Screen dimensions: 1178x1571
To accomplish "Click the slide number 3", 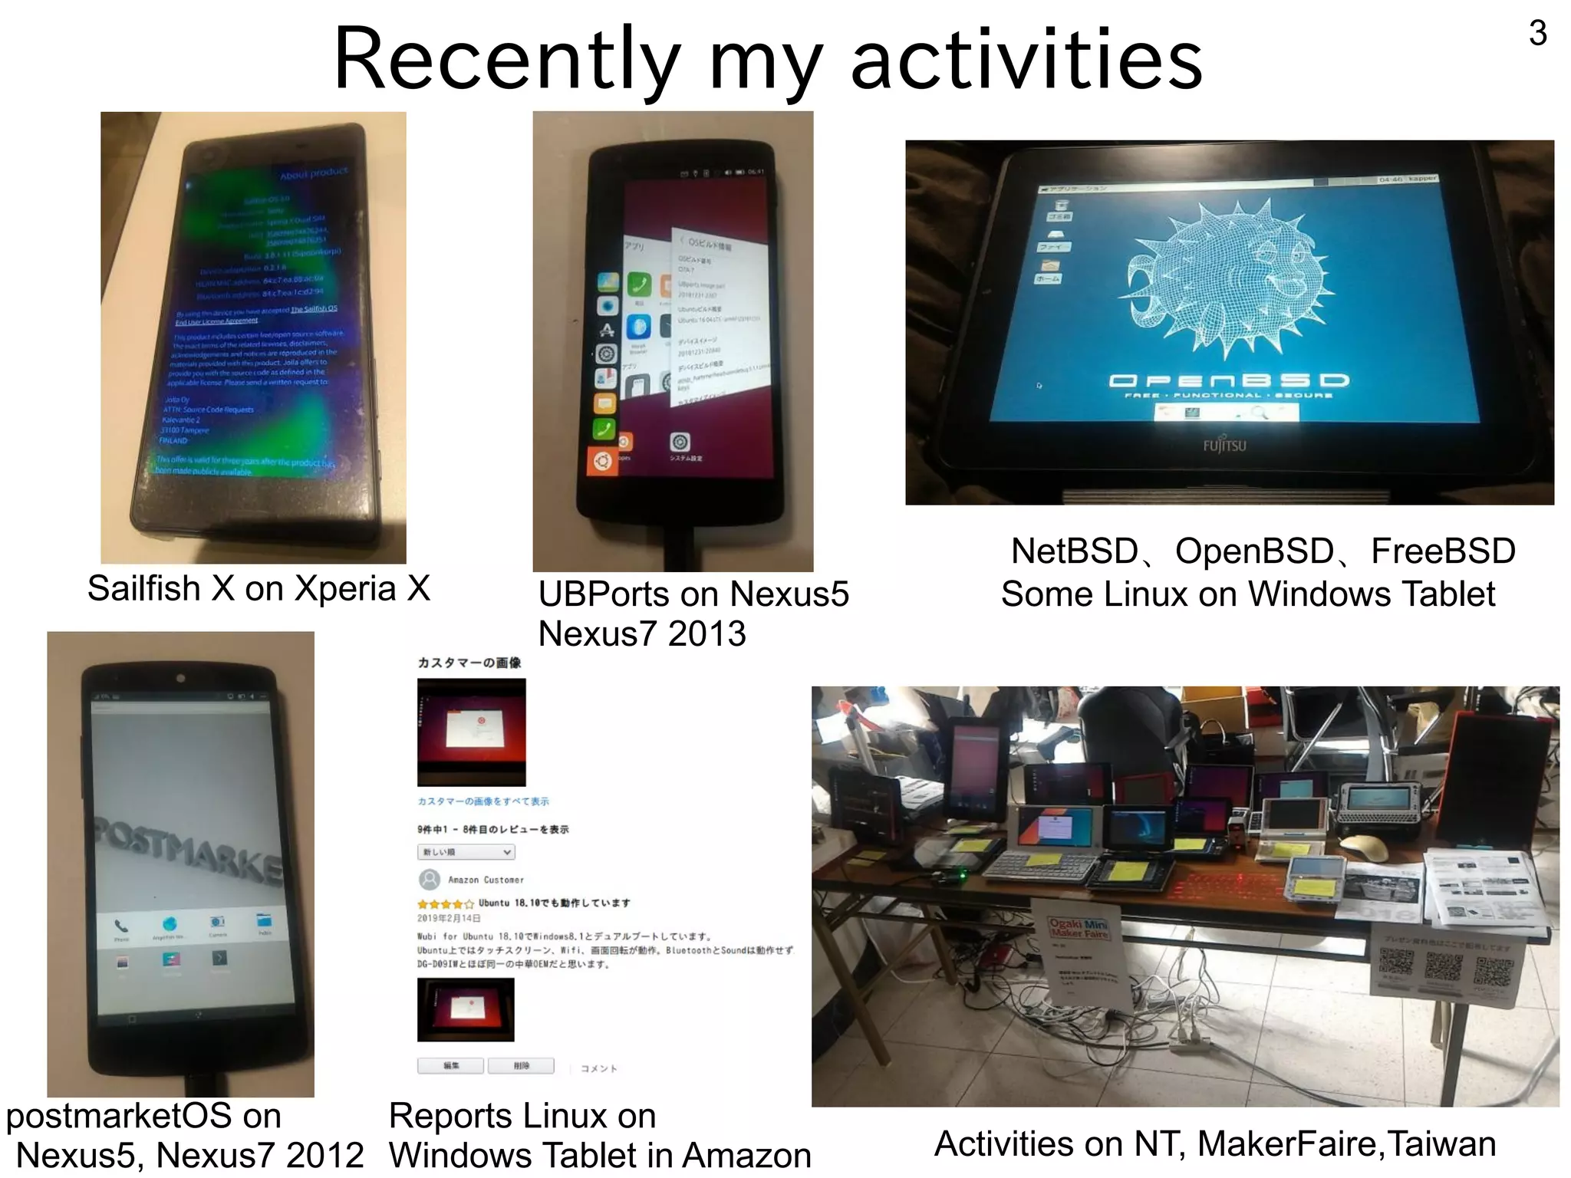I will click(1537, 33).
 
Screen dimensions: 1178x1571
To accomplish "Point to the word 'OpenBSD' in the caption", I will click(1254, 551).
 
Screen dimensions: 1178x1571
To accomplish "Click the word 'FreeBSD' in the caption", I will click(1443, 551).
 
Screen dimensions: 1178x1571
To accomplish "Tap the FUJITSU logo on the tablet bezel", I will click(1224, 446).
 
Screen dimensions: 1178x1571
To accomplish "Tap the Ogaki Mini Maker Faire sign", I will click(1079, 929).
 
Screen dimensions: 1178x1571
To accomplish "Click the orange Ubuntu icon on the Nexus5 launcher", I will click(602, 462).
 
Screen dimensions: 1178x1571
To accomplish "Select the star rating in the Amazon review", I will click(446, 903).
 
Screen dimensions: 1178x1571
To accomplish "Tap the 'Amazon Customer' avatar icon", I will click(430, 879).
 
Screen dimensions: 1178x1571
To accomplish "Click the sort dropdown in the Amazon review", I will click(466, 852).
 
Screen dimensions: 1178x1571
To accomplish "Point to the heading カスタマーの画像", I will click(469, 663).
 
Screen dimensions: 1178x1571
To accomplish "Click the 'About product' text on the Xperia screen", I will click(314, 173).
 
